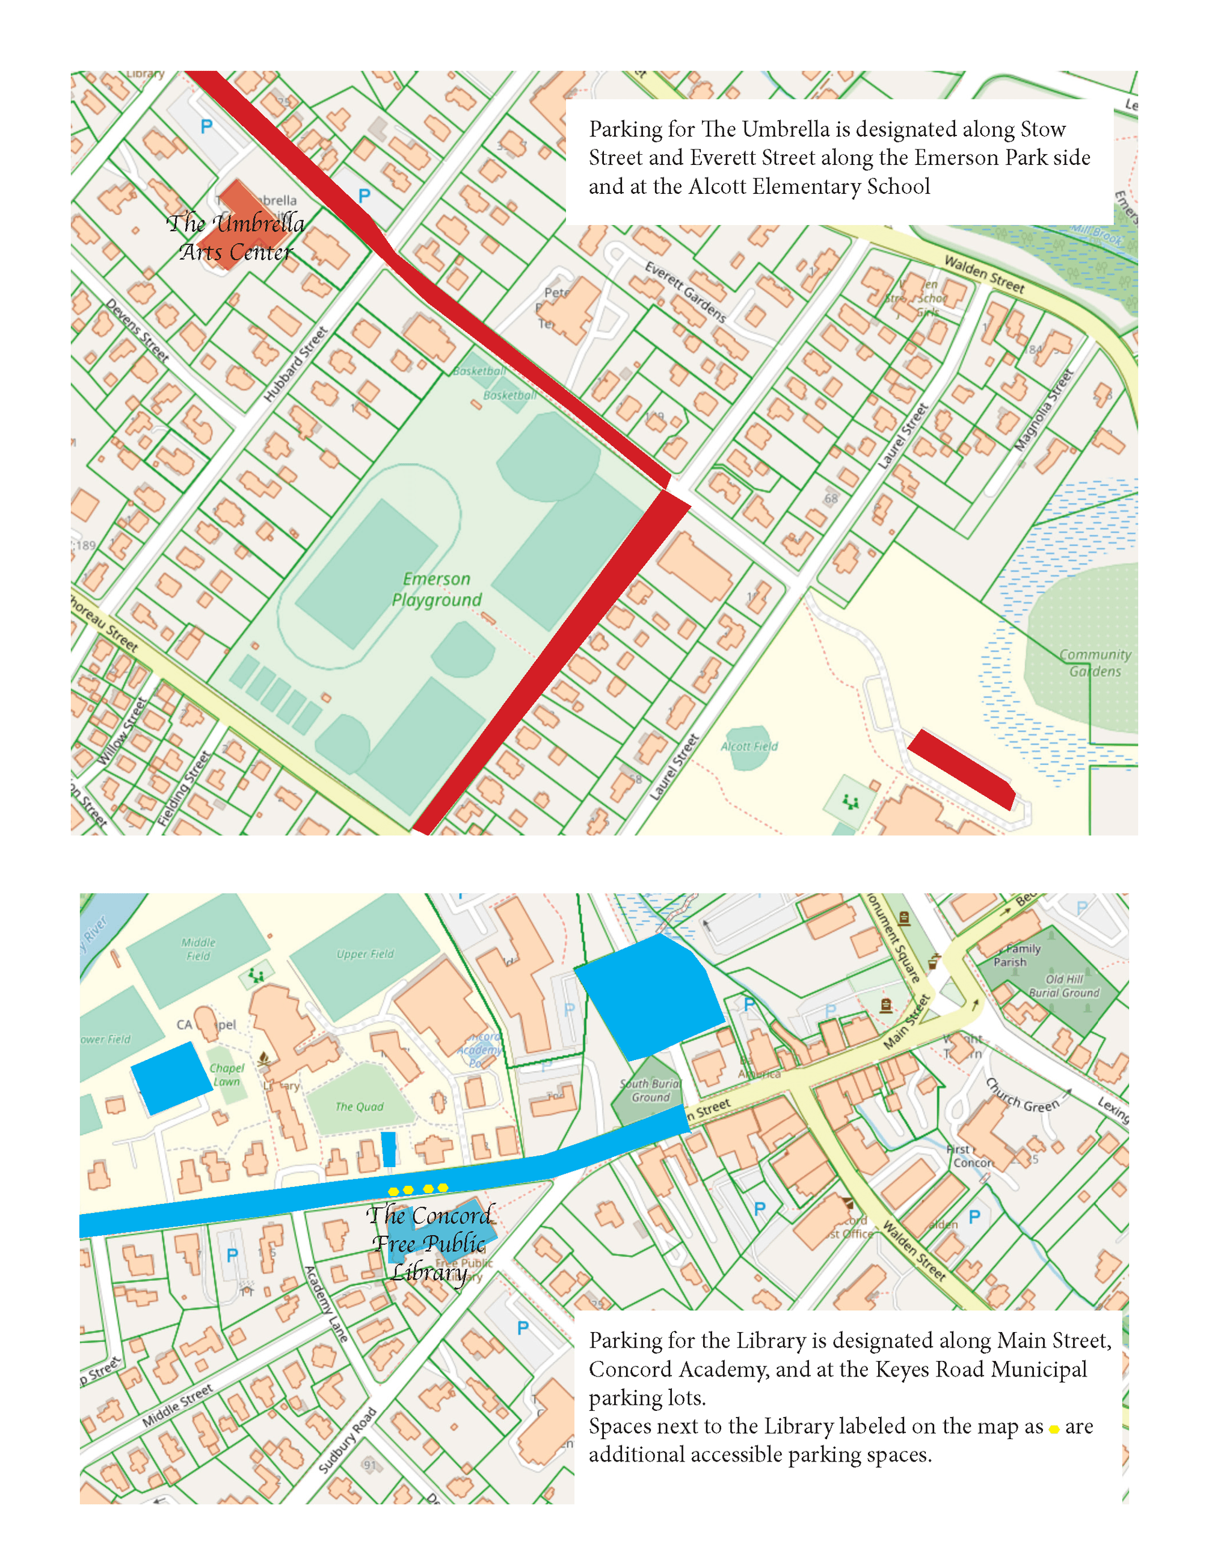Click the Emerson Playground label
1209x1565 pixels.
pos(436,589)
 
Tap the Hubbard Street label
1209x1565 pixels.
pos(295,364)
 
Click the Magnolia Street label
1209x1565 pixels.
pos(1044,410)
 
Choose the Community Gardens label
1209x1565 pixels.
pos(1095,663)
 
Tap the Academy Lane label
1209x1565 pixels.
pos(326,1304)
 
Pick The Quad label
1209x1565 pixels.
pos(359,1106)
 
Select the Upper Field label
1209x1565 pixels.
pos(365,954)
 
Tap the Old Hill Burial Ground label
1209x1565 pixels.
pos(1063,986)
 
